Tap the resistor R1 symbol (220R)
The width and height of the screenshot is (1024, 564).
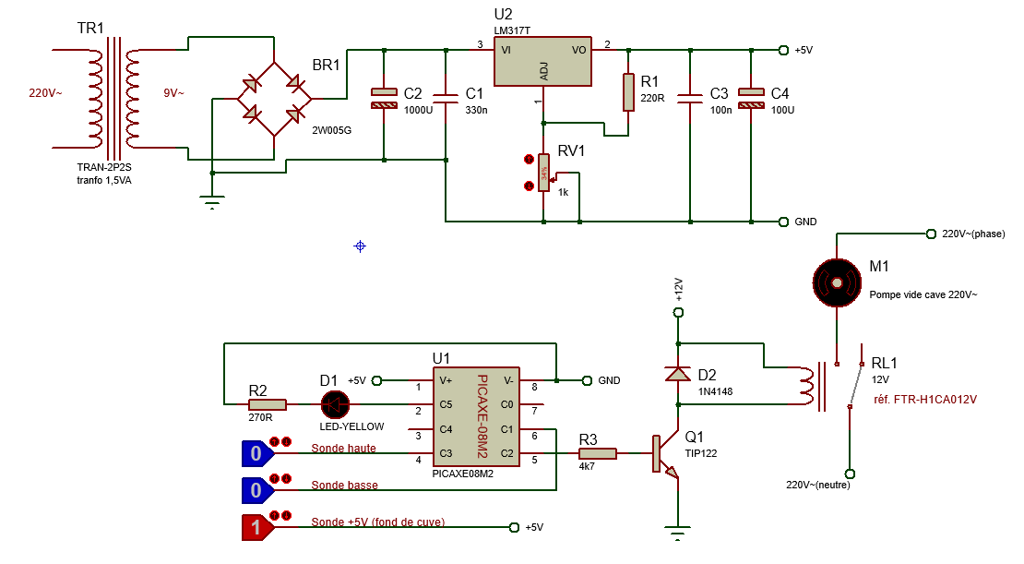pos(629,92)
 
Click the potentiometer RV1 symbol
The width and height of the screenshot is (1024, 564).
pos(544,173)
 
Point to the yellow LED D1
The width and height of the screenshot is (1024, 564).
pos(334,404)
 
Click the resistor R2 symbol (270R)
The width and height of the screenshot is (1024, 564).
pos(268,404)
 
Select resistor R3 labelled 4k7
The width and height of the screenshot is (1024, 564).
pos(597,453)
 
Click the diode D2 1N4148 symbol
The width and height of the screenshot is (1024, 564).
pos(678,374)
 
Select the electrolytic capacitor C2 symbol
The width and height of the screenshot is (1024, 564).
pos(382,98)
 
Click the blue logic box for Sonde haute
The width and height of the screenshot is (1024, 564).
pos(256,453)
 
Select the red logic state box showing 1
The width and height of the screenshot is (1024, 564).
pos(256,527)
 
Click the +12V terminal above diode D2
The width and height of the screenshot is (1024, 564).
pos(678,313)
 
